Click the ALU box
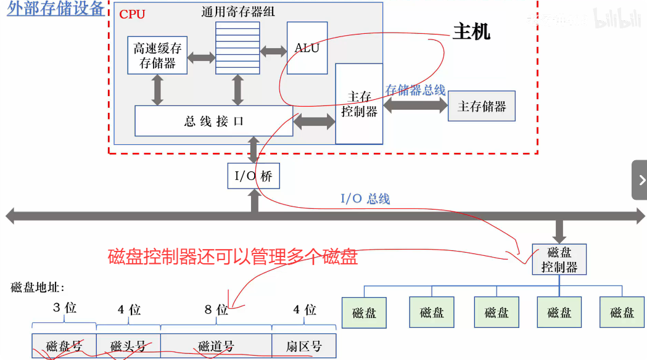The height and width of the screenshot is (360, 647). click(307, 48)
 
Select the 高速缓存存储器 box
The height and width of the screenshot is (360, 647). click(157, 55)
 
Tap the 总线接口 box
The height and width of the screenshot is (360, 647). click(213, 121)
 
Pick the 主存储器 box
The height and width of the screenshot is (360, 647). click(482, 106)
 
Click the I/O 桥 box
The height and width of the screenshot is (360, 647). click(253, 176)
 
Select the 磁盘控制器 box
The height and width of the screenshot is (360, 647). click(559, 259)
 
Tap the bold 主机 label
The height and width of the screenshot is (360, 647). click(472, 31)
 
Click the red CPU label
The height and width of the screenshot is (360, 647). click(132, 14)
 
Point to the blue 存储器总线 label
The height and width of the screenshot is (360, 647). click(415, 90)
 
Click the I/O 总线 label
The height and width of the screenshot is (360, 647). click(366, 198)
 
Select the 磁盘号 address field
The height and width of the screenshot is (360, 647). click(64, 346)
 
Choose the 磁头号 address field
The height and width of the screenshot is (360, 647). click(128, 346)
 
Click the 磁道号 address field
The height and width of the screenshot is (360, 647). click(216, 346)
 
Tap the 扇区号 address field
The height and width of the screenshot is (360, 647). click(304, 346)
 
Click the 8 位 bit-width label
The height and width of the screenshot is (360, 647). click(216, 309)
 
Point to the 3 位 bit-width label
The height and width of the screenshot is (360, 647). click(64, 307)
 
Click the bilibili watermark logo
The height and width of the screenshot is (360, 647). click(617, 20)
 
